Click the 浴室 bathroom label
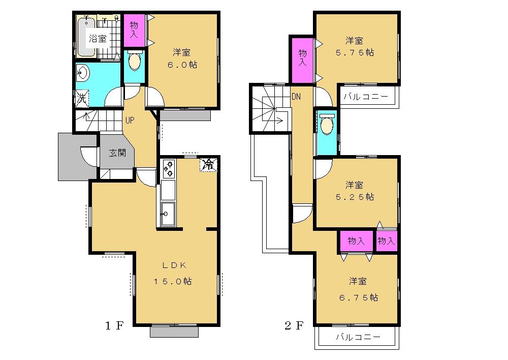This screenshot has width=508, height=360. coord(98,38)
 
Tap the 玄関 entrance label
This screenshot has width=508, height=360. coord(117,153)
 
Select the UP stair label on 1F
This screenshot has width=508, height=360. coord(130,121)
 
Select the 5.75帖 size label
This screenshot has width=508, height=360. coord(356,52)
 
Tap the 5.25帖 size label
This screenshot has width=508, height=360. coord(356,197)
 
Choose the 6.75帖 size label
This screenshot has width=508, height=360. coord(358,297)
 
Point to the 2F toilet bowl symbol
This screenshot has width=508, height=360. coord(326,124)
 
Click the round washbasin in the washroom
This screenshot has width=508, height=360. coord(82,73)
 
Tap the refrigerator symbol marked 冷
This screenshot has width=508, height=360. coord(208,164)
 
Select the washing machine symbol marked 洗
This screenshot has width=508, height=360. coord(81,98)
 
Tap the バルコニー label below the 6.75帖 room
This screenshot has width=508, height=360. coord(358,337)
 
